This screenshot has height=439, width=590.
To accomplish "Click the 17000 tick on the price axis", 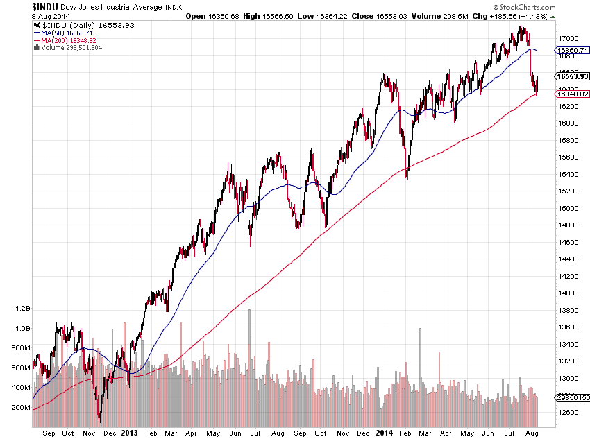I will (569, 38).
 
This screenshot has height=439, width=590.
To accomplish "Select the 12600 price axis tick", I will (569, 413).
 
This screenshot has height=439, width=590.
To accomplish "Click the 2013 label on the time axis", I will (130, 433).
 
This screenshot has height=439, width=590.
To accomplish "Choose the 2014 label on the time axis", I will (385, 433).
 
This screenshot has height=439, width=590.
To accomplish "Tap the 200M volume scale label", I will (21, 408).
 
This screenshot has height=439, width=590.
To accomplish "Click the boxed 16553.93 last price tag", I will (573, 76).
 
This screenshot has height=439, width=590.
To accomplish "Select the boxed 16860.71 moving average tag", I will (573, 51).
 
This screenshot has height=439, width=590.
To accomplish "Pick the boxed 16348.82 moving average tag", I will (573, 94).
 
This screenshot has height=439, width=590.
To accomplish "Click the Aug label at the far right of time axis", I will (531, 433).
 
